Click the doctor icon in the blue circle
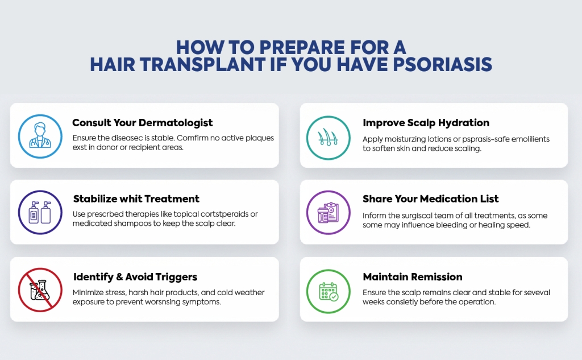click(40, 136)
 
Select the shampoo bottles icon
click(40, 213)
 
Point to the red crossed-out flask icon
click(40, 290)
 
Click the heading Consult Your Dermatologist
click(143, 122)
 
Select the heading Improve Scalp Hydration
click(426, 122)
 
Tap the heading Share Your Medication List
click(430, 199)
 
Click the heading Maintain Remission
click(413, 277)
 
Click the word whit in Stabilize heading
click(130, 199)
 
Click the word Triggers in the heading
click(176, 277)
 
